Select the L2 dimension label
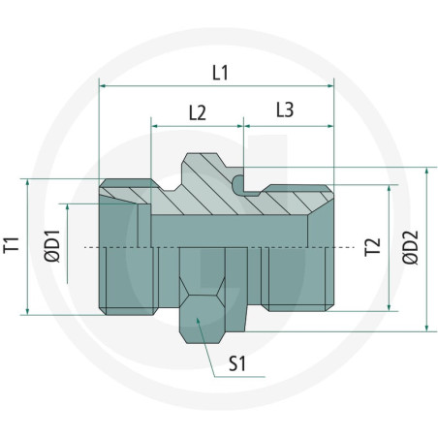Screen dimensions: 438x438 pos(196,111)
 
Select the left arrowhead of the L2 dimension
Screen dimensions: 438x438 pos(155,124)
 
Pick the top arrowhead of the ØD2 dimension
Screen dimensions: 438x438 pos(425,169)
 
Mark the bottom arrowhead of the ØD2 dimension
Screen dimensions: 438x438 pos(425,328)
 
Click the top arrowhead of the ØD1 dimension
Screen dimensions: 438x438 pos(69,206)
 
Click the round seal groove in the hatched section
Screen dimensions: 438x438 pos(238,180)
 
